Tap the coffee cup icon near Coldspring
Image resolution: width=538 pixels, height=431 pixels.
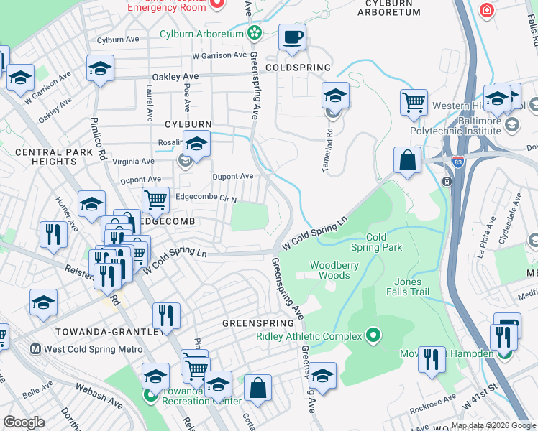click(291, 37)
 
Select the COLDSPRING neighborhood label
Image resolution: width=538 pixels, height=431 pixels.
click(297, 68)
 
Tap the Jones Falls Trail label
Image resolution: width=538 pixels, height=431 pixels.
click(408, 287)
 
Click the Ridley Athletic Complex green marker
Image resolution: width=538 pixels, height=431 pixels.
click(373, 335)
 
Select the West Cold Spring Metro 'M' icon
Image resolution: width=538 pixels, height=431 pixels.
click(35, 349)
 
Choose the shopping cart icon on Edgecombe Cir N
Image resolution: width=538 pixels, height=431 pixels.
click(155, 199)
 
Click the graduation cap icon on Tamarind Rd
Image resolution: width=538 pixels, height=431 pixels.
click(335, 95)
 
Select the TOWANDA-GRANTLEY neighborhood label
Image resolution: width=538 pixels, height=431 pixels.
click(106, 331)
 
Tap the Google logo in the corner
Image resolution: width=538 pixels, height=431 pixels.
click(24, 422)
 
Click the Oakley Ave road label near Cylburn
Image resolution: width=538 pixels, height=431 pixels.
click(175, 76)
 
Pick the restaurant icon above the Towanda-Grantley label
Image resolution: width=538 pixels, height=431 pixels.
click(165, 315)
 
